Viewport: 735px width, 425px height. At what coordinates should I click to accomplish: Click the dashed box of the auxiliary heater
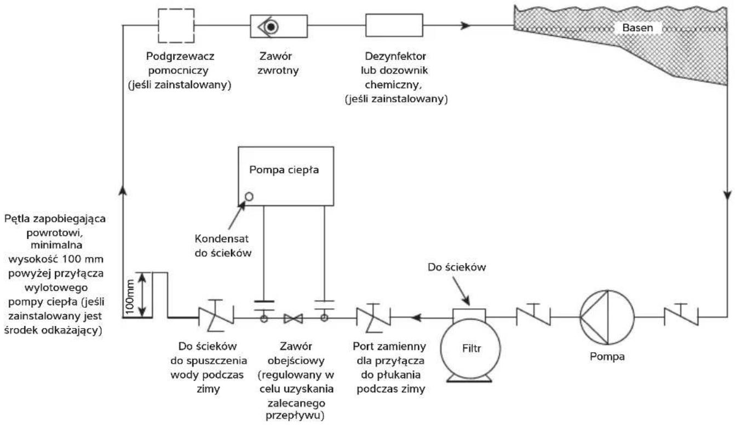[159, 26]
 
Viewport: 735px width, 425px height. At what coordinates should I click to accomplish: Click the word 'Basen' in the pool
[637, 28]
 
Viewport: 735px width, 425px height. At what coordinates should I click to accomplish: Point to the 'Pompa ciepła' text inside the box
[284, 170]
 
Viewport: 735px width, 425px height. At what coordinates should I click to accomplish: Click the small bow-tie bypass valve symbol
[294, 318]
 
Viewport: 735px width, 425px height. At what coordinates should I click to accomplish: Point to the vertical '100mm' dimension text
[130, 296]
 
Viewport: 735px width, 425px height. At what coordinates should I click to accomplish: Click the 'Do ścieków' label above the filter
[456, 267]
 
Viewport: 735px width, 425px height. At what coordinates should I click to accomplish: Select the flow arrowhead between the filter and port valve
[417, 318]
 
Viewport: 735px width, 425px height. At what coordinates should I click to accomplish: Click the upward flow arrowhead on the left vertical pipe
[122, 191]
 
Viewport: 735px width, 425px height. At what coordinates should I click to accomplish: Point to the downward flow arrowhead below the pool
[728, 194]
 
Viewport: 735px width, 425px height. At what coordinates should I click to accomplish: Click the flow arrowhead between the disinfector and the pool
[466, 25]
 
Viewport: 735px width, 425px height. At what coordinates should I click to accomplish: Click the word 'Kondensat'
[221, 239]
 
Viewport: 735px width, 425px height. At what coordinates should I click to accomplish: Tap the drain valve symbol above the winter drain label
[216, 315]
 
